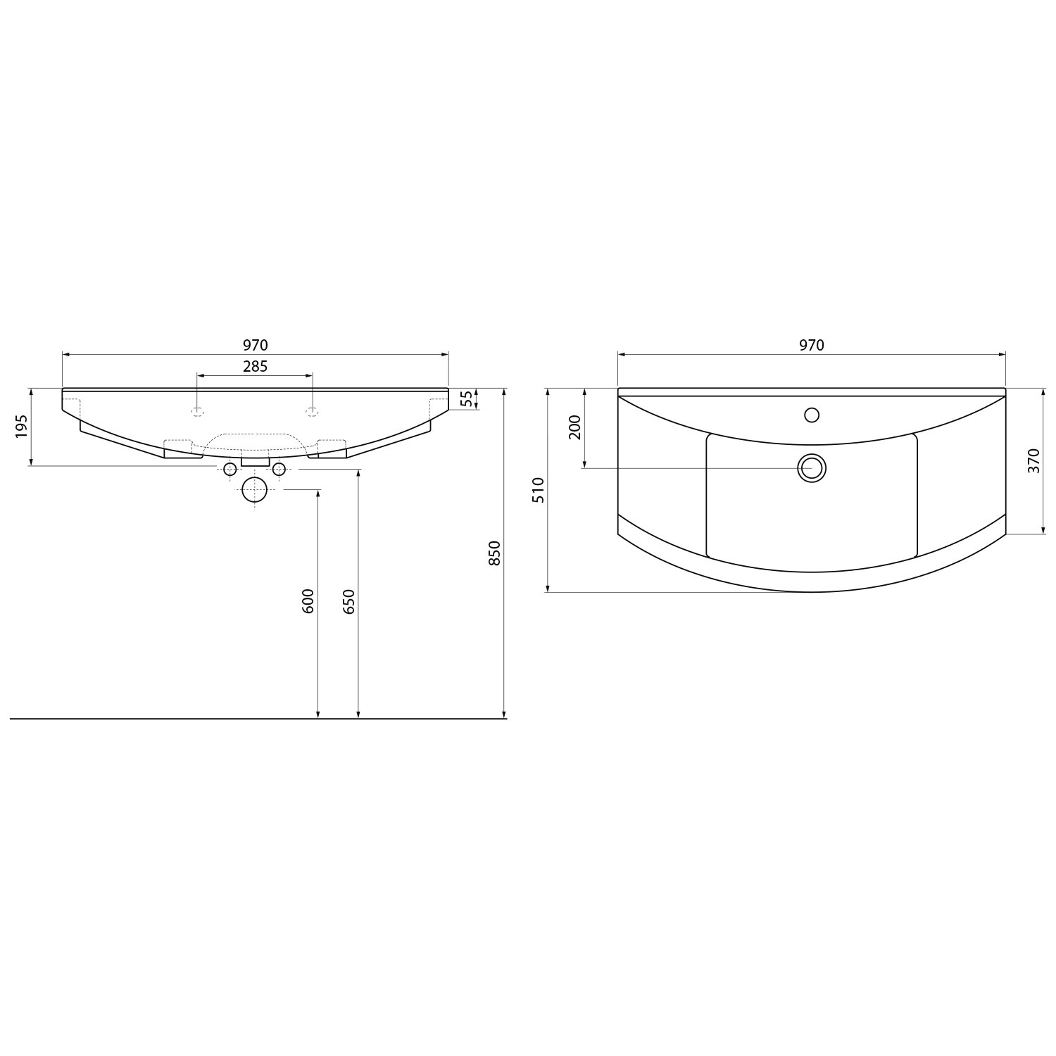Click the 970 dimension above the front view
(256, 346)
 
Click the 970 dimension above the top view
(812, 346)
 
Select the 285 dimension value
(256, 367)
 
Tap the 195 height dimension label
(21, 426)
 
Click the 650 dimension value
(349, 601)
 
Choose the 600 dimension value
(308, 601)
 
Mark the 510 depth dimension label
(539, 489)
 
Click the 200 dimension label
(575, 427)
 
